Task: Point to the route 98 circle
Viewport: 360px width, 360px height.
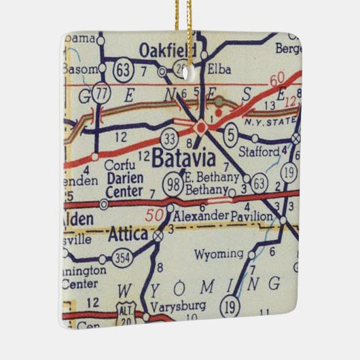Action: [173, 182]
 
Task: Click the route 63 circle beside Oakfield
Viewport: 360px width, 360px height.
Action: [123, 68]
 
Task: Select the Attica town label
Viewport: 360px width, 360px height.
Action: [127, 234]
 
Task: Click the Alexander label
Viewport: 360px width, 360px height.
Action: [201, 216]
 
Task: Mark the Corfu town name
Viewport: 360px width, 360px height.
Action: [118, 164]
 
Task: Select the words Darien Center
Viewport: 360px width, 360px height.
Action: [124, 184]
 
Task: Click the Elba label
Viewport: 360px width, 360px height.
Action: [216, 69]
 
